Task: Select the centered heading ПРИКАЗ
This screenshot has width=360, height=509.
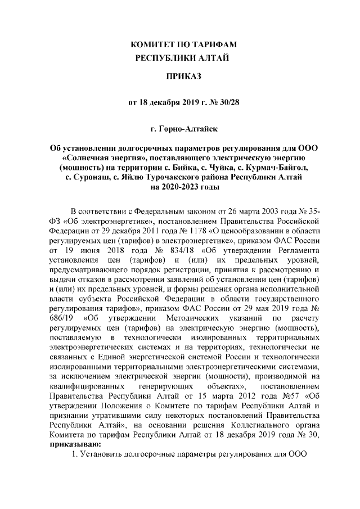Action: [180, 76]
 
